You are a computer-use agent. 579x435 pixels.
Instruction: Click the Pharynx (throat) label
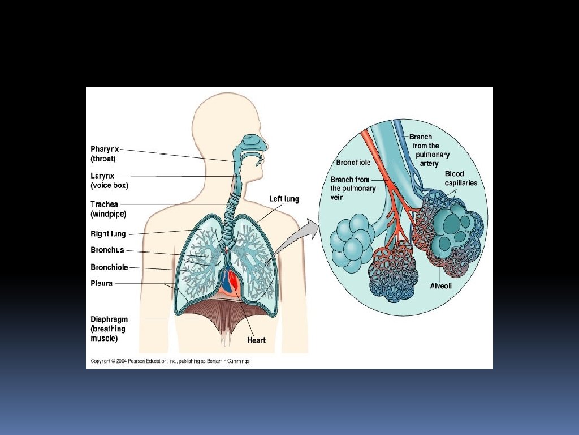pyautogui.click(x=105, y=154)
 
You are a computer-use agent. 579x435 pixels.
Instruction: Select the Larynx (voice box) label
pyautogui.click(x=109, y=180)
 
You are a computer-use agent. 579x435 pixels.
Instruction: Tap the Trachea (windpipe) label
pyautogui.click(x=108, y=209)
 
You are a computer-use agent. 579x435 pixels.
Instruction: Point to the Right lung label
pyautogui.click(x=108, y=234)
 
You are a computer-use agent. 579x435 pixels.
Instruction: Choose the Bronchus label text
pyautogui.click(x=107, y=250)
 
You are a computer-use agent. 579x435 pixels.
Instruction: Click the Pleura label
pyautogui.click(x=101, y=283)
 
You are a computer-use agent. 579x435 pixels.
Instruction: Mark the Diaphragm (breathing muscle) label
pyautogui.click(x=109, y=329)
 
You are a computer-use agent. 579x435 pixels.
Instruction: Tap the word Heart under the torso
pyautogui.click(x=256, y=340)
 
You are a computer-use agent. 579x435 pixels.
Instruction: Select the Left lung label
pyautogui.click(x=284, y=199)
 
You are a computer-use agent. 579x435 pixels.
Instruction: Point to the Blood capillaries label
pyautogui.click(x=461, y=178)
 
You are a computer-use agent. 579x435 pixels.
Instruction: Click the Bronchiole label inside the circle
pyautogui.click(x=353, y=163)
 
